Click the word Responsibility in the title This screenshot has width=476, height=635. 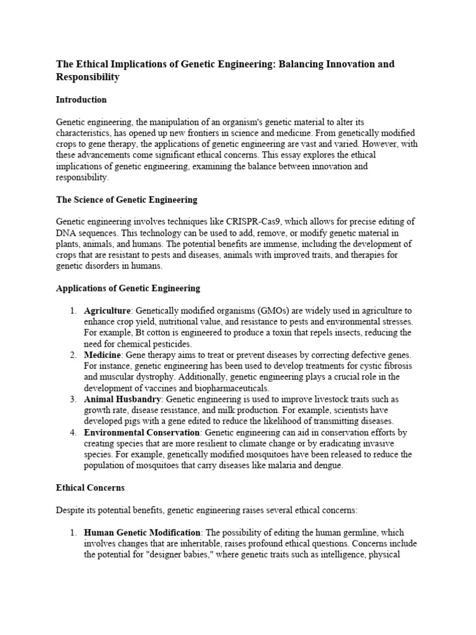coord(87,78)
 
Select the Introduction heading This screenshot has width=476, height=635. coord(81,99)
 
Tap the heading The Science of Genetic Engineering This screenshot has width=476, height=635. coord(126,200)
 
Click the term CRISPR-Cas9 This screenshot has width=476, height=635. coord(247,221)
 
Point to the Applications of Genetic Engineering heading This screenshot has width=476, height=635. coord(128,288)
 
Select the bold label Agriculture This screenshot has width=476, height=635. coord(108,311)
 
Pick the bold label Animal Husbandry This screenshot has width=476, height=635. coord(123,399)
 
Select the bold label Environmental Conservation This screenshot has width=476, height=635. coord(142,432)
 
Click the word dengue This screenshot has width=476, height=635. coord(327,466)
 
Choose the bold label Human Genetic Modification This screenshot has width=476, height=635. coord(143,533)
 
